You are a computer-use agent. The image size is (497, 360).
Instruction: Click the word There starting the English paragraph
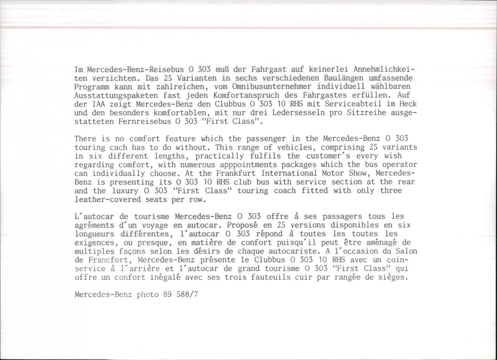coord(86,138)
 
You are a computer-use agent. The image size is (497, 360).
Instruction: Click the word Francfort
coord(105,261)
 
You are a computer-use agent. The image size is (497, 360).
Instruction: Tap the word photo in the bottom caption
coord(149,294)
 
